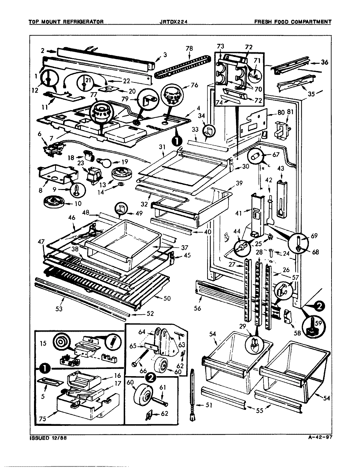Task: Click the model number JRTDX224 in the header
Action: [x=174, y=22]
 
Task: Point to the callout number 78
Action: [x=189, y=48]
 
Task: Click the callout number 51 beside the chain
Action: [x=209, y=406]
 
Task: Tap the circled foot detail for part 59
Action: [x=313, y=325]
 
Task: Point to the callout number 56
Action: [x=197, y=308]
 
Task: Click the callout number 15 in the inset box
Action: [x=43, y=344]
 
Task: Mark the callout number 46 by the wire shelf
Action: [x=72, y=217]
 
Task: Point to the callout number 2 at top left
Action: [x=43, y=51]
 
